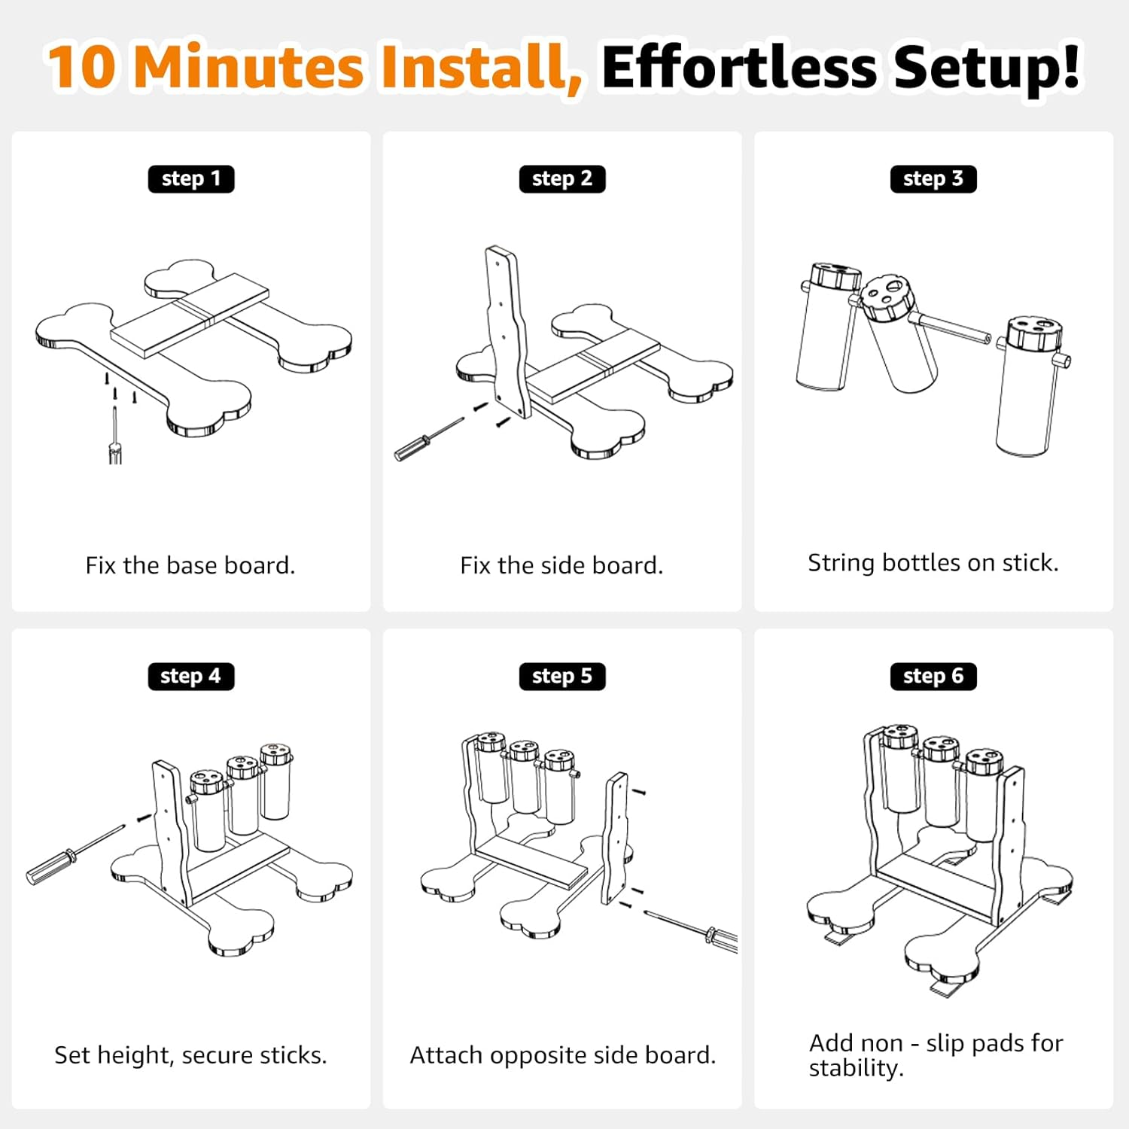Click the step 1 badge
click(191, 179)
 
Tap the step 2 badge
click(562, 179)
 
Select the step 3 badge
click(933, 179)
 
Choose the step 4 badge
click(191, 676)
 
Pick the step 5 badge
click(562, 676)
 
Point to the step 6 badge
click(933, 676)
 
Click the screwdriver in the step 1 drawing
click(115, 436)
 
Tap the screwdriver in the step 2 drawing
click(428, 439)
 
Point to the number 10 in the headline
click(82, 67)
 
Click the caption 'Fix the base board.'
click(190, 565)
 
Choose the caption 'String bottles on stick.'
click(933, 563)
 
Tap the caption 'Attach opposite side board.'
click(562, 1055)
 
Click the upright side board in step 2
click(507, 331)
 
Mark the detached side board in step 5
click(616, 837)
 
